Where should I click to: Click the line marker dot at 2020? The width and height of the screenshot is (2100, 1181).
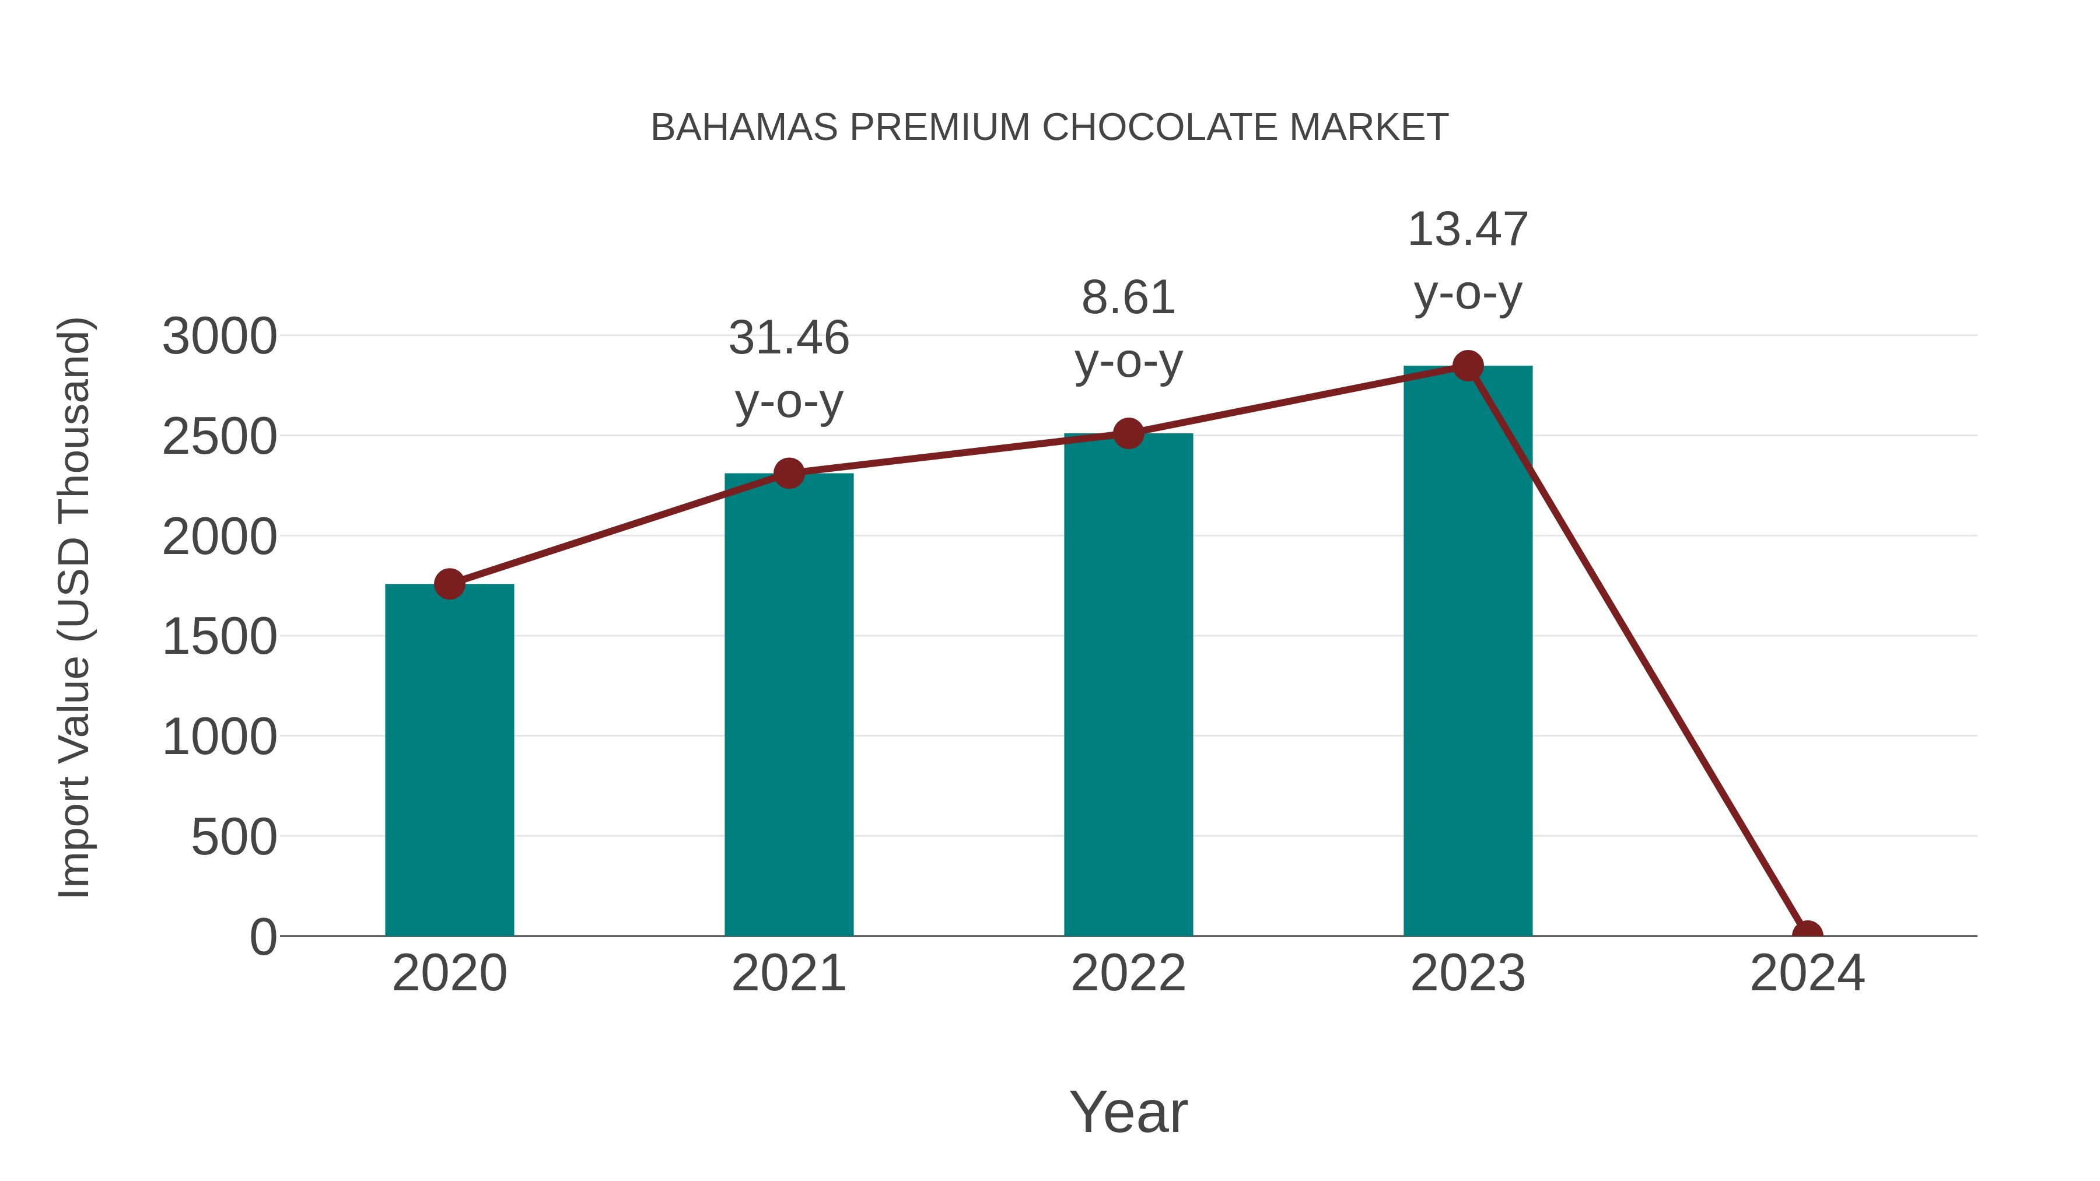pyautogui.click(x=449, y=584)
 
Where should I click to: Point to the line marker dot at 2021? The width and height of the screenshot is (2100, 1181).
pyautogui.click(x=788, y=473)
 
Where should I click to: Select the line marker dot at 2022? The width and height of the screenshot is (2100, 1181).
pyautogui.click(x=1128, y=433)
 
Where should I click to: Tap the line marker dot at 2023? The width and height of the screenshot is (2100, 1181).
pyautogui.click(x=1468, y=366)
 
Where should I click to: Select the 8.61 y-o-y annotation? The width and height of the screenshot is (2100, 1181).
pyautogui.click(x=1128, y=330)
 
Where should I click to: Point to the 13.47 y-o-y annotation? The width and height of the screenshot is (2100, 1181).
pyautogui.click(x=1468, y=261)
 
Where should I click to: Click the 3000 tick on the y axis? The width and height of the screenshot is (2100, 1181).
pyautogui.click(x=219, y=336)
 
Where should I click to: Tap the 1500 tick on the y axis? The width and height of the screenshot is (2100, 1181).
pyautogui.click(x=219, y=636)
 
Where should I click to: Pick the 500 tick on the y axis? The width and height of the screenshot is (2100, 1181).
pyautogui.click(x=233, y=837)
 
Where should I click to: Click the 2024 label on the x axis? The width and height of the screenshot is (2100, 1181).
pyautogui.click(x=1807, y=973)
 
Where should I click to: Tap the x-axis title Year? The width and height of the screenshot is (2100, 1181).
pyautogui.click(x=1128, y=1112)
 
